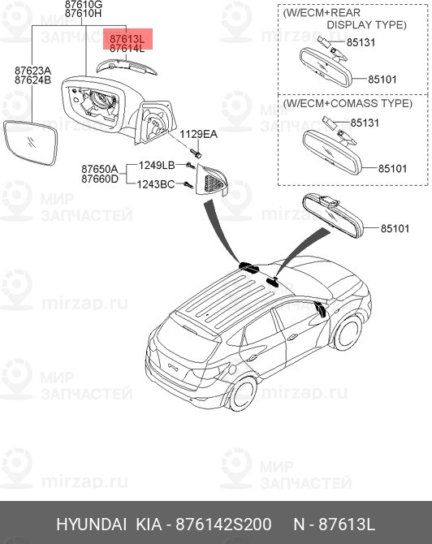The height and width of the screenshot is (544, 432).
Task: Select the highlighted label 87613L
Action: click(127, 38)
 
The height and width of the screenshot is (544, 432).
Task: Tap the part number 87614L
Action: click(127, 49)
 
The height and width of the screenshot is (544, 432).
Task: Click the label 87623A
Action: click(32, 71)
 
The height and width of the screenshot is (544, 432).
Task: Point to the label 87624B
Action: click(32, 81)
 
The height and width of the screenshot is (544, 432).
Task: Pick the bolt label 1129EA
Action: click(199, 134)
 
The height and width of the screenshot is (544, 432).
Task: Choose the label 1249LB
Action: click(157, 165)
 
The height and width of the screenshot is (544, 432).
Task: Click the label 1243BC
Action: click(157, 185)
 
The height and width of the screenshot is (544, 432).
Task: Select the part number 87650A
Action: click(99, 169)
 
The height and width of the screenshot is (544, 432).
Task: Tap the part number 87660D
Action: click(99, 179)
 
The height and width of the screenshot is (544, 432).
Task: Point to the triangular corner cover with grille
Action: click(213, 178)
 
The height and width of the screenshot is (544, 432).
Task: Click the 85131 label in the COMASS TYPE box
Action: click(363, 123)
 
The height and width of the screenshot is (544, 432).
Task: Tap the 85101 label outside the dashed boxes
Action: click(398, 230)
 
